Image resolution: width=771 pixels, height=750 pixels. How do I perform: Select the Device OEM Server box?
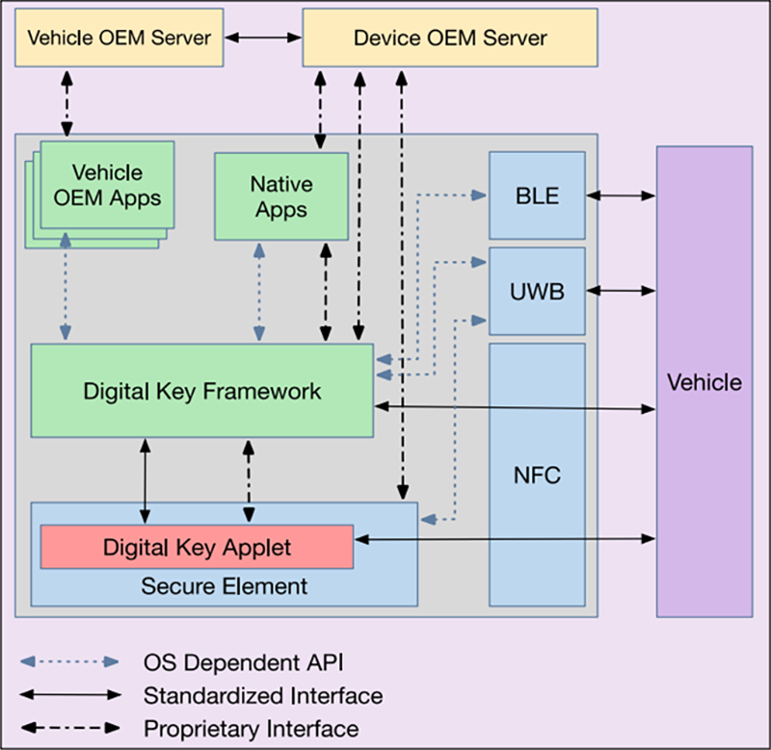pos(449,39)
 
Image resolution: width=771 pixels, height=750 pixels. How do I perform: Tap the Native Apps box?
pos(280,196)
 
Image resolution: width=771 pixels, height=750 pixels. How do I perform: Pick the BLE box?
pos(537,195)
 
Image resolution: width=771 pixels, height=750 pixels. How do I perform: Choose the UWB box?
pos(537,290)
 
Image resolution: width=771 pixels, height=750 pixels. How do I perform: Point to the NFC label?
pos(537,475)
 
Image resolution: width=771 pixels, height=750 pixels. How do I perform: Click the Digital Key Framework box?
pos(201,392)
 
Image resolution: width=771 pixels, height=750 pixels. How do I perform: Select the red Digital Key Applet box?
pos(197,547)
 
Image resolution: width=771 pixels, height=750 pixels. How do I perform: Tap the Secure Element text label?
pos(224,585)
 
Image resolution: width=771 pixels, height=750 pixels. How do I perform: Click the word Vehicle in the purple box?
pos(705,382)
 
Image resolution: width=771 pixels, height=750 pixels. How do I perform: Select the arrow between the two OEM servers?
pos(264,39)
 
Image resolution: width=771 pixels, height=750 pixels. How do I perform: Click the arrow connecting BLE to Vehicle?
pos(621,195)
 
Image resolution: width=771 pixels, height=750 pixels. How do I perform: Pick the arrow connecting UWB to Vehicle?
pos(621,289)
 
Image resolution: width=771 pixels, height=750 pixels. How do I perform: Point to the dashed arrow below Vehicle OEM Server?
pos(66,102)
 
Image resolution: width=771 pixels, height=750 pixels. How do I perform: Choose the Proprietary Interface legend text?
pos(251,728)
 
